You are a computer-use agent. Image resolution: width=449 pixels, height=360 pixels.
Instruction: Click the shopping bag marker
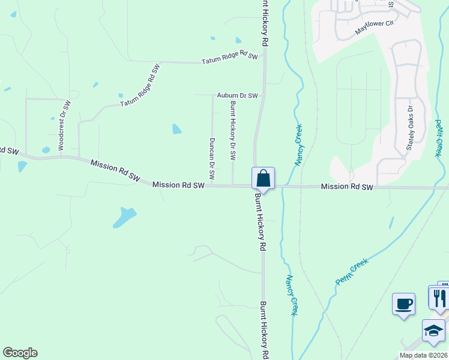(x=263, y=178)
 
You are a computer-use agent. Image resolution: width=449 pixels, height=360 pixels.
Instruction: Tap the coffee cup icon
(x=403, y=303)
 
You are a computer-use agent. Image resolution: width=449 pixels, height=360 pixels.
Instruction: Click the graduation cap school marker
(x=433, y=331)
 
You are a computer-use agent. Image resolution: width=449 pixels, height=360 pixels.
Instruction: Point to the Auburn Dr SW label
(x=237, y=95)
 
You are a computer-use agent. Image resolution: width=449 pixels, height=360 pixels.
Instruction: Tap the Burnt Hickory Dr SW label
(x=233, y=130)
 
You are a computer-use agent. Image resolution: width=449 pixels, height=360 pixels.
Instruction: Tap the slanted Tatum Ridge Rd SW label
(x=141, y=86)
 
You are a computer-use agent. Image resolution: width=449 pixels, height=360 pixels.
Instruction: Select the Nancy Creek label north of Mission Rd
(x=298, y=145)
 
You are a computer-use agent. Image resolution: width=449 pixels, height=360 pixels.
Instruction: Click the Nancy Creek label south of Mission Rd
(x=291, y=295)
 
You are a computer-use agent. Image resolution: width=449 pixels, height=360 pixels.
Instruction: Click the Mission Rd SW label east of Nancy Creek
(x=347, y=187)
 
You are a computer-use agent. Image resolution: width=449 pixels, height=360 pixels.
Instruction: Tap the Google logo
(x=20, y=353)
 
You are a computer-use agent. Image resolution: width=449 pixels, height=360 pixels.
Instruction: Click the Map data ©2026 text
(x=423, y=355)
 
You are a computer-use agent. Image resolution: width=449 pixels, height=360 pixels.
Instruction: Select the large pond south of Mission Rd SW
(x=124, y=217)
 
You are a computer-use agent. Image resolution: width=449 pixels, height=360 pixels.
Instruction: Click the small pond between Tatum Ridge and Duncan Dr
(x=176, y=128)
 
